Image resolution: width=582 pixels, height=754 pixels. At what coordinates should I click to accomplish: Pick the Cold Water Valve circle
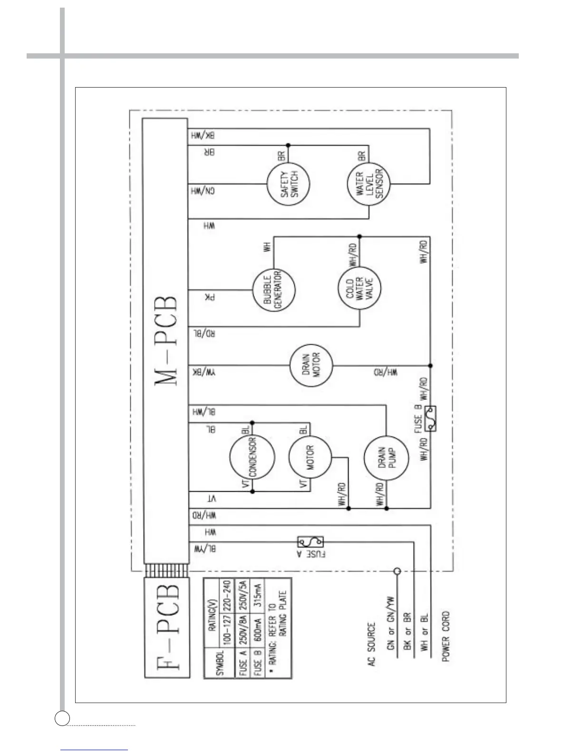point(360,287)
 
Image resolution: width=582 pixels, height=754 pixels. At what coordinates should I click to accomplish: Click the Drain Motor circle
point(311,365)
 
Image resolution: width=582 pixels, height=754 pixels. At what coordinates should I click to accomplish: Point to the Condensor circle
point(252,457)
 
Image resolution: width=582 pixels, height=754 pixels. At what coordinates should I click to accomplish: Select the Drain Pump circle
point(386,458)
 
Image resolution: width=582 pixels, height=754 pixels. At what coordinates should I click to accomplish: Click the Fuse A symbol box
point(310,542)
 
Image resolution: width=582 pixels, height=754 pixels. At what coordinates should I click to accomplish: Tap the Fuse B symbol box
point(430,418)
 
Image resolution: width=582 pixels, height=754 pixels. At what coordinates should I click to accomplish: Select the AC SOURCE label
point(371,644)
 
